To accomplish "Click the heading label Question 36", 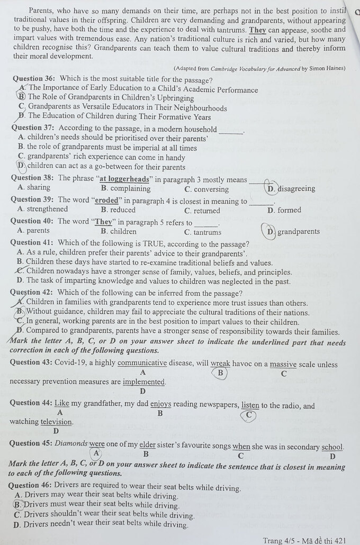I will (34, 80).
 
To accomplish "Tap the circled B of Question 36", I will (22, 97).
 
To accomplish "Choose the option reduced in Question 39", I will (125, 210).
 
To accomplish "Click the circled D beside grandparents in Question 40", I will (271, 231).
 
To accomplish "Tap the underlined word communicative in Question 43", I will (142, 364).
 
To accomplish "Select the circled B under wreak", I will (220, 373).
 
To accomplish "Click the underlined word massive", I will (283, 364).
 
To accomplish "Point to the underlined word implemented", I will (143, 381).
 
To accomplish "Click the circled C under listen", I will (248, 415).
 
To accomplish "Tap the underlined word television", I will (56, 422).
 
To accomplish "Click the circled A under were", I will (96, 453).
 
